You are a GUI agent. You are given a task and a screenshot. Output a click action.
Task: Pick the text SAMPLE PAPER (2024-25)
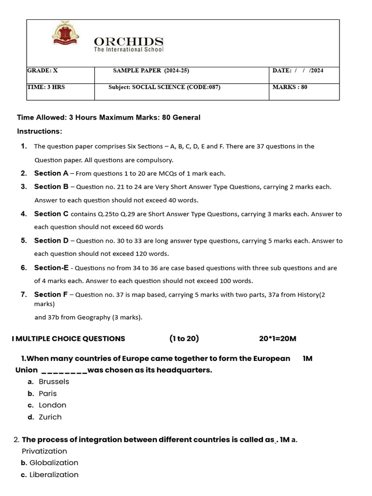(x=151, y=71)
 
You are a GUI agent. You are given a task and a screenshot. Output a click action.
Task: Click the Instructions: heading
(x=40, y=131)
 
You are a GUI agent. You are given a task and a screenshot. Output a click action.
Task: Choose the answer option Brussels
(x=54, y=382)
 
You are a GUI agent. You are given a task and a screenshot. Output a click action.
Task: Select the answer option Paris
(x=47, y=393)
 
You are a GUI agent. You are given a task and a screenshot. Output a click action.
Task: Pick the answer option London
(x=52, y=405)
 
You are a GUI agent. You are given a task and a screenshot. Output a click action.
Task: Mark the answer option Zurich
(x=50, y=417)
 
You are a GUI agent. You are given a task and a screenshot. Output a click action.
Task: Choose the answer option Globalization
(x=54, y=463)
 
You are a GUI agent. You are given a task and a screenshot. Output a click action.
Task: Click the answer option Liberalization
(x=54, y=475)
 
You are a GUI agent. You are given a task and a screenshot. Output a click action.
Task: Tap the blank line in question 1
(x=64, y=371)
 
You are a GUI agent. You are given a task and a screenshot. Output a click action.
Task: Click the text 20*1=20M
(x=278, y=339)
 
